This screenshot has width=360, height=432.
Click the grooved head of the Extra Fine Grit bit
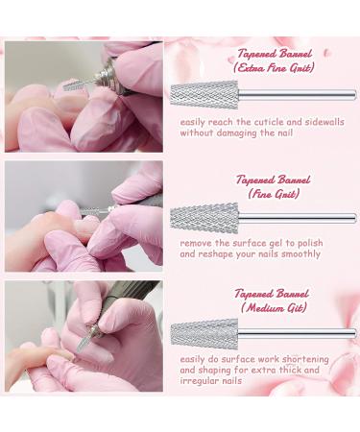204,95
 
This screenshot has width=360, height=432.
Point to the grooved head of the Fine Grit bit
204,218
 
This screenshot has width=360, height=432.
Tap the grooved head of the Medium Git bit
204,333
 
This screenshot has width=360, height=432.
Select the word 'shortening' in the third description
307,359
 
